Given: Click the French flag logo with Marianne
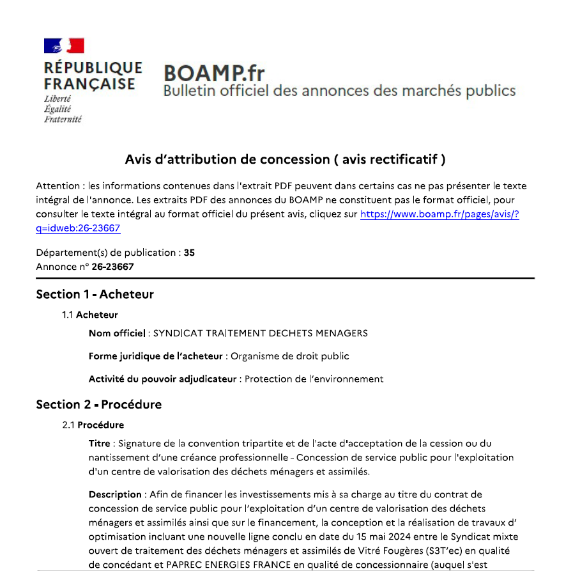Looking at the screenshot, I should pos(64,45).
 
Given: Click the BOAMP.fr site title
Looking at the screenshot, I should pos(214,72).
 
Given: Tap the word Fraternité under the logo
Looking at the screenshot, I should pos(63,119).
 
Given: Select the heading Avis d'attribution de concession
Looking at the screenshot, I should pos(285,159).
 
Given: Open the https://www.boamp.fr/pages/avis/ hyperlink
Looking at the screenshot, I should pos(439,215).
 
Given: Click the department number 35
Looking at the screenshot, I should pos(189,253).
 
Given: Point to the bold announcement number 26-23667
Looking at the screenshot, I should pos(112,266).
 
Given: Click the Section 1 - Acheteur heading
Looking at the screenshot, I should pos(95,294).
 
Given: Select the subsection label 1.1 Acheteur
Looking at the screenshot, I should pos(90,315).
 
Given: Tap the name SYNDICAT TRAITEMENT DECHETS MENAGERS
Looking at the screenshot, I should pos(261,333).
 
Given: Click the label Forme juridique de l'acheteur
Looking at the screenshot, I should pos(156,356).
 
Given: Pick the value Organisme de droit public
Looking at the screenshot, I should pos(290,356).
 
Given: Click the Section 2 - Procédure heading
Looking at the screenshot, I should pos(98,404).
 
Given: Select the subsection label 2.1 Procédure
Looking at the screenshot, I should pos(93,425).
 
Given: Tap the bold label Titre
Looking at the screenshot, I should pos(100,443).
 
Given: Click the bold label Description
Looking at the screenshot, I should pos(115,494).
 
